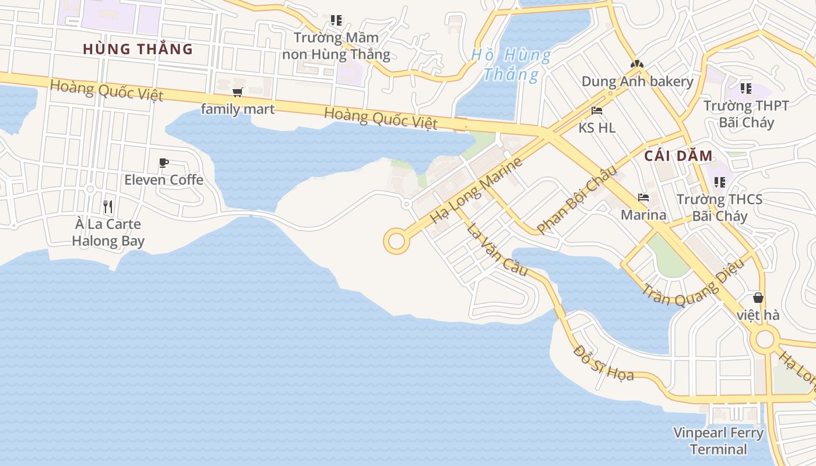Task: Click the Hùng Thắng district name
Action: click(x=138, y=49)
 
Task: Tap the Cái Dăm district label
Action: click(x=678, y=156)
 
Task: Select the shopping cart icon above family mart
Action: click(x=237, y=93)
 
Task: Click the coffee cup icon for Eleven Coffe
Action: click(x=164, y=163)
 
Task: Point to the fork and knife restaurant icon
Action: click(x=108, y=207)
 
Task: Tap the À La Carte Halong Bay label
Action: click(x=108, y=232)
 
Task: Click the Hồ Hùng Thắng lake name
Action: click(x=511, y=65)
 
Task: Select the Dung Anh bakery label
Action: click(x=638, y=81)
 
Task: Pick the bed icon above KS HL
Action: click(x=597, y=111)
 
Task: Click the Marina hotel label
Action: click(x=643, y=215)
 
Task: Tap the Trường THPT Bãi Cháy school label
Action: click(x=746, y=114)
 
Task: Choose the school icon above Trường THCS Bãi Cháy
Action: click(x=720, y=182)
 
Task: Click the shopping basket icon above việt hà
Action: click(x=758, y=298)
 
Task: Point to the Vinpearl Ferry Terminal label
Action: click(x=718, y=441)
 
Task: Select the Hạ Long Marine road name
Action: click(x=476, y=190)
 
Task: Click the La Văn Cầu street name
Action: click(x=497, y=249)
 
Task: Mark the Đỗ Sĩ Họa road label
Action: click(x=603, y=362)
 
